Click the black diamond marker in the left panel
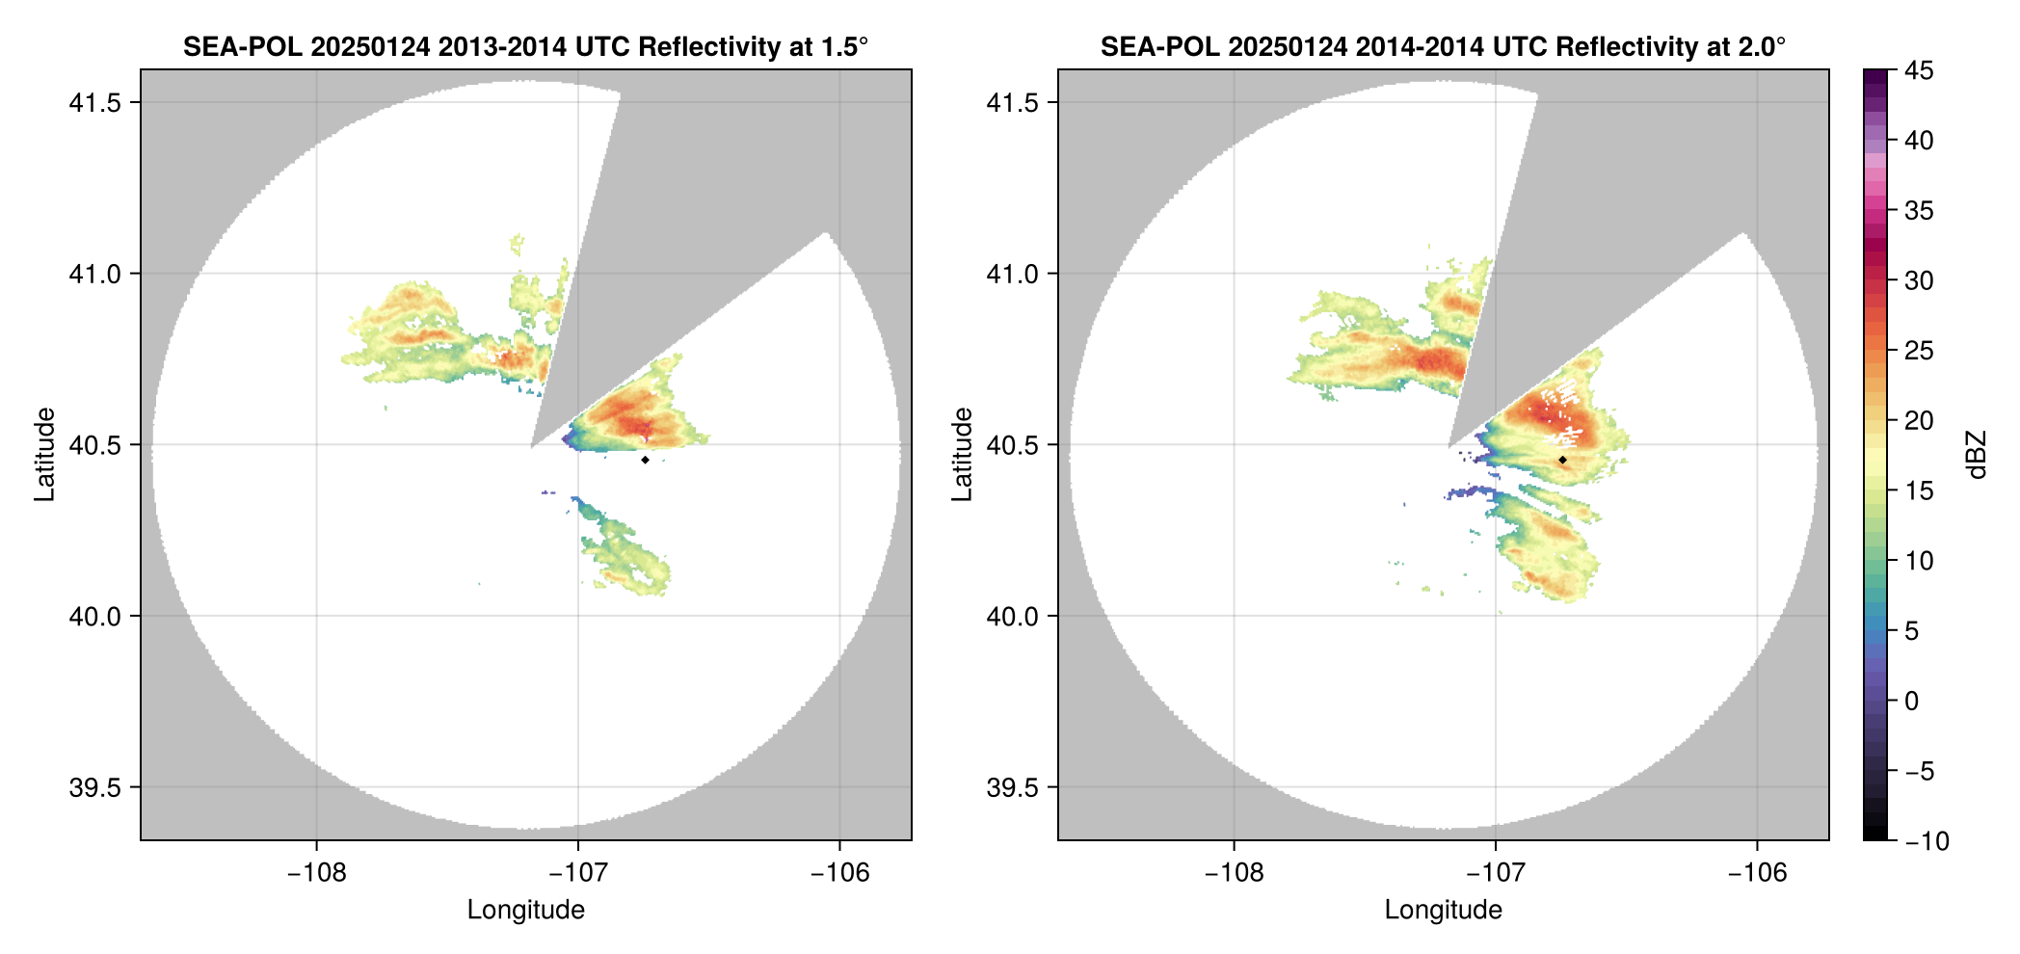(x=645, y=460)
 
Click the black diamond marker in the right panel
(x=1562, y=460)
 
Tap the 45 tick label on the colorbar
(x=1919, y=71)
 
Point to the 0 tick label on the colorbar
(x=1912, y=702)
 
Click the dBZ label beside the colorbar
(x=1977, y=455)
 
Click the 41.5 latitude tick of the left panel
(x=94, y=103)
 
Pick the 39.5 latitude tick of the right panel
(x=1012, y=787)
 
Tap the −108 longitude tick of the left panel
(x=316, y=873)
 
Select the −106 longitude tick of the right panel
(x=1758, y=873)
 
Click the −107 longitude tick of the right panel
(x=1496, y=873)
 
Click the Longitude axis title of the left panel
(x=526, y=910)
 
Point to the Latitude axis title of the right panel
(x=962, y=455)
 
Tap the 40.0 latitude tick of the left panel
(x=94, y=617)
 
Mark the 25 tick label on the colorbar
(x=1919, y=351)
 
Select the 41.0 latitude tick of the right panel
(x=1012, y=275)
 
